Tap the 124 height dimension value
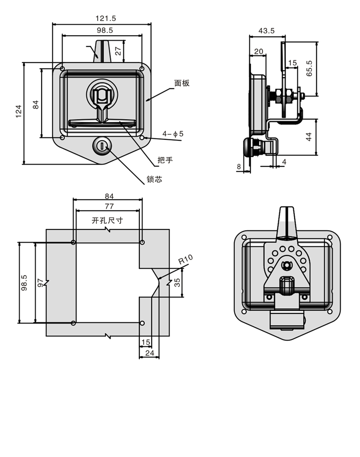click(19, 112)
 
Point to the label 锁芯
click(154, 180)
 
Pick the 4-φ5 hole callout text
click(173, 134)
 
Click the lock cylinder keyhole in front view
click(102, 146)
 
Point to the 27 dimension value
click(118, 51)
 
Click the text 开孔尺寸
click(107, 220)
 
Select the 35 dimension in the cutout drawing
click(177, 282)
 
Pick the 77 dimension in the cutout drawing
click(109, 206)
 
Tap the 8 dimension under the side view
click(238, 167)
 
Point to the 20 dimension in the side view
click(259, 52)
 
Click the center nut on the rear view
click(287, 264)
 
